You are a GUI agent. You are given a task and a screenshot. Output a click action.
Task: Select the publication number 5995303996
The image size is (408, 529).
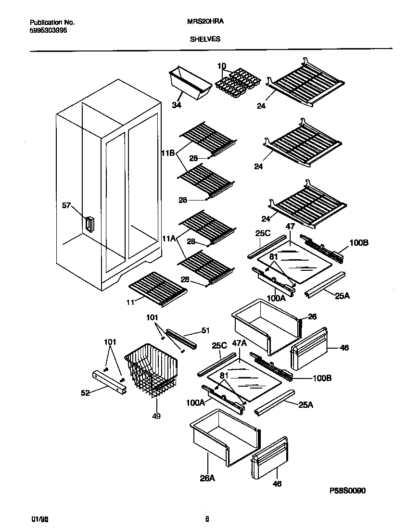(x=48, y=30)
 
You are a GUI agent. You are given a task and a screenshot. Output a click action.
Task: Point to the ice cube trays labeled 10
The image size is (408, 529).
(x=237, y=83)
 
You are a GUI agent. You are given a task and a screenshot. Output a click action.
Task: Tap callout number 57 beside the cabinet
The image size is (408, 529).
(x=66, y=206)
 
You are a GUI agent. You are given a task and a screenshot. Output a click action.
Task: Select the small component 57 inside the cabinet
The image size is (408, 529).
(x=89, y=224)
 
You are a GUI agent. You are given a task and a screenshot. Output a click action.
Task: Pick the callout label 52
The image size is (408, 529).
(x=85, y=393)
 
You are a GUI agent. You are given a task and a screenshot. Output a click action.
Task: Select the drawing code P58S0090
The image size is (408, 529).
(x=348, y=491)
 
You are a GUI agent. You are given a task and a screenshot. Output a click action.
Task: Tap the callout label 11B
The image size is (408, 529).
(x=167, y=153)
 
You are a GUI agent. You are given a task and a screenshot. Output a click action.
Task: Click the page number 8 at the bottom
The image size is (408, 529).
(x=207, y=519)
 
